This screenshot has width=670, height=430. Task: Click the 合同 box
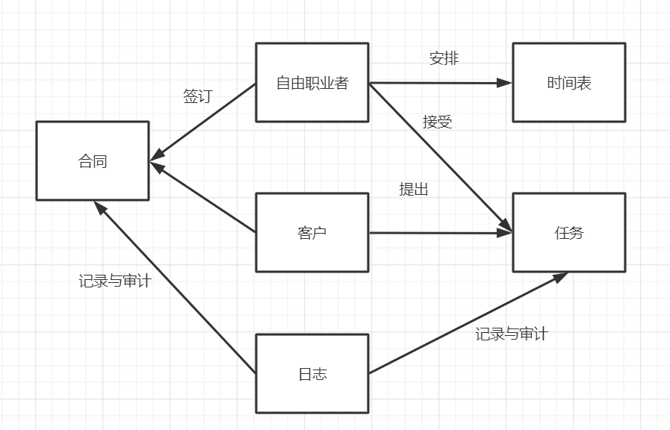click(x=93, y=161)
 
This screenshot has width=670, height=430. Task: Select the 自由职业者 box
click(x=312, y=82)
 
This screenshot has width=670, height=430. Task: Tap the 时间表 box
click(x=568, y=82)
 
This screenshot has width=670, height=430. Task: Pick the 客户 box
click(x=312, y=232)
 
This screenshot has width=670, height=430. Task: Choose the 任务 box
click(x=568, y=232)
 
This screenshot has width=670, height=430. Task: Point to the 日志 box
click(x=312, y=373)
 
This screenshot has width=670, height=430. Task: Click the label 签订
click(x=197, y=96)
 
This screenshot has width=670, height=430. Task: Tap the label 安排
click(x=444, y=58)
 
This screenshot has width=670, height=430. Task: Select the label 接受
click(x=437, y=122)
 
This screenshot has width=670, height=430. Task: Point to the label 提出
click(x=414, y=190)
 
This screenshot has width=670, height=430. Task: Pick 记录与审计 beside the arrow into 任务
click(x=511, y=334)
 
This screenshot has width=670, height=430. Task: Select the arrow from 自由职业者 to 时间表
click(x=441, y=83)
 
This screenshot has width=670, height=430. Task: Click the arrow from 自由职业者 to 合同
click(x=203, y=121)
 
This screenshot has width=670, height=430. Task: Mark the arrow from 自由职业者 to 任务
click(x=441, y=158)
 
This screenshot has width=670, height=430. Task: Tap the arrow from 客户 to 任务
click(x=441, y=233)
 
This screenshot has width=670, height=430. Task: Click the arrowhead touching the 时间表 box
click(x=506, y=83)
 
